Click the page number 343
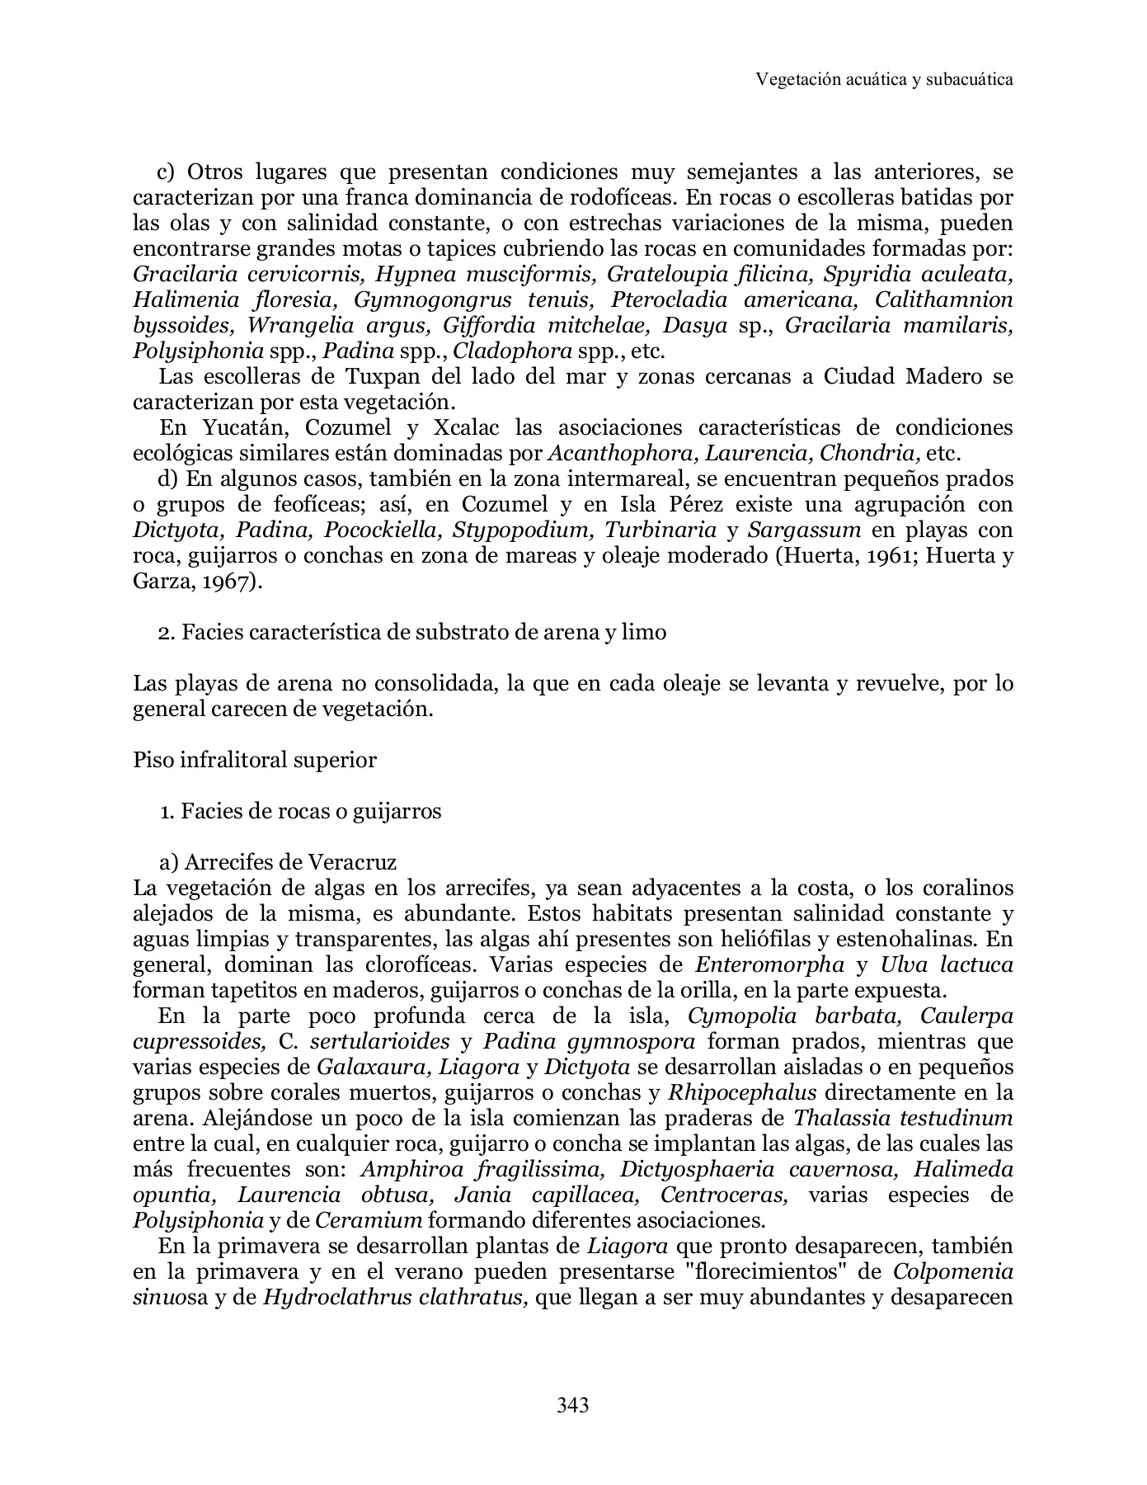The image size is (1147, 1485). (572, 1404)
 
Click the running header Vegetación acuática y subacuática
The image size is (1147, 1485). (884, 79)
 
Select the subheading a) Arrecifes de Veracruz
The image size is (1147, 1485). (278, 862)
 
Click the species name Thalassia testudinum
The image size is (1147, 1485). (902, 1119)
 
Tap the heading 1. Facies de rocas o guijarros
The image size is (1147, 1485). (300, 811)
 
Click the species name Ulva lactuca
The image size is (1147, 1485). (947, 964)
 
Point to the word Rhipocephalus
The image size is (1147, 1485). (741, 1093)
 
